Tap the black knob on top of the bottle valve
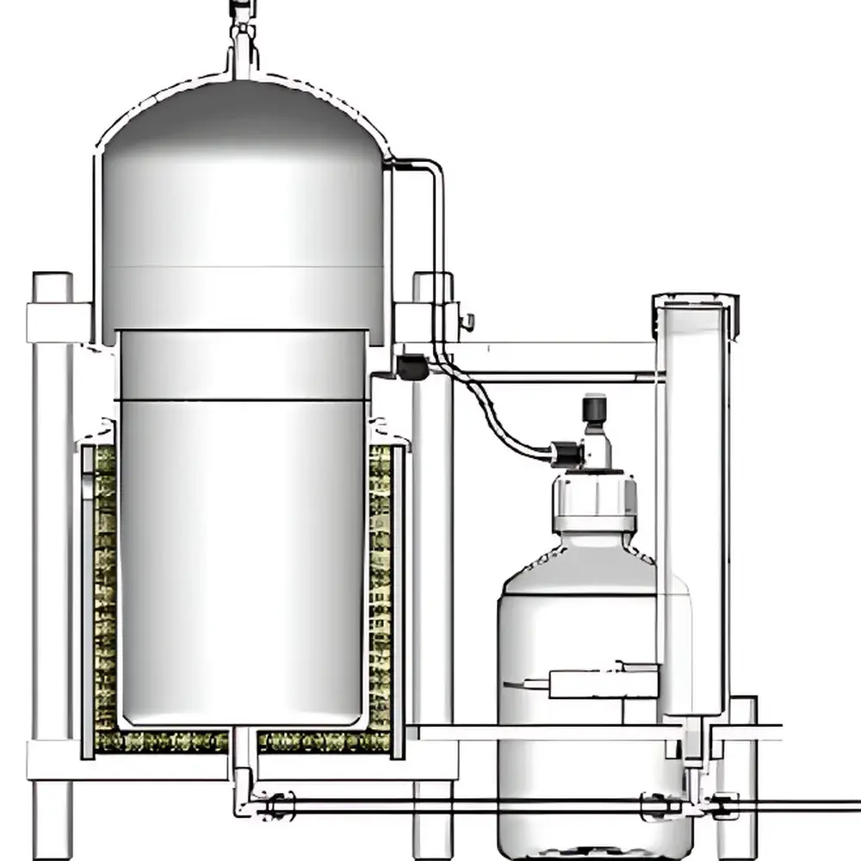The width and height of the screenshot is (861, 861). click(x=594, y=408)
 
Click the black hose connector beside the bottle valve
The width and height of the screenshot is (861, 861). click(x=565, y=454)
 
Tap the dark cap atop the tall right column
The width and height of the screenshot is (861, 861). click(x=696, y=301)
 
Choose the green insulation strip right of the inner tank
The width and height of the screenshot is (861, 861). click(x=380, y=585)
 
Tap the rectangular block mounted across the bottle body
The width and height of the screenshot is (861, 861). click(x=603, y=684)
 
